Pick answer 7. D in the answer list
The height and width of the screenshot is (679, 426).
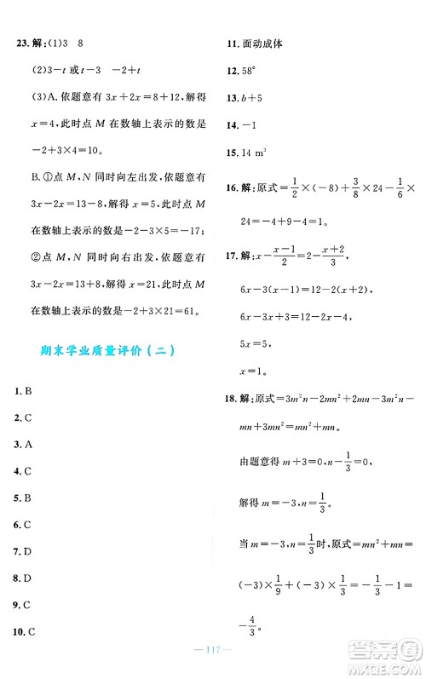[24, 551]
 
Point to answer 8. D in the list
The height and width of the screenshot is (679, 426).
[24, 578]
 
